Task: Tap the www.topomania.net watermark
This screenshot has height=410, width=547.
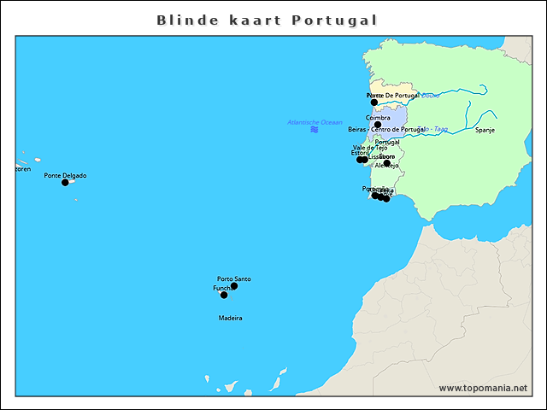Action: click(483, 388)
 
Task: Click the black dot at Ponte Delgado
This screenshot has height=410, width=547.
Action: click(65, 182)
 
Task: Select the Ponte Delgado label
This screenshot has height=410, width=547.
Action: click(65, 175)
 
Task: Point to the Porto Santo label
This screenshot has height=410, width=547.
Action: click(234, 278)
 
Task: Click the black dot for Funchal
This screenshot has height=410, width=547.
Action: click(224, 295)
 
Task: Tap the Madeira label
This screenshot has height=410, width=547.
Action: click(230, 318)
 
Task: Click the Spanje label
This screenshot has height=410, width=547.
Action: click(485, 130)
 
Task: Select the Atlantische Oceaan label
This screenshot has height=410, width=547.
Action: click(315, 122)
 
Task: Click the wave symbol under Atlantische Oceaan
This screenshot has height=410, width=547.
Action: click(315, 129)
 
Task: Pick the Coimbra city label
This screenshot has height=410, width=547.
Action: click(378, 117)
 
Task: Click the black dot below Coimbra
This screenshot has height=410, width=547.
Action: click(378, 125)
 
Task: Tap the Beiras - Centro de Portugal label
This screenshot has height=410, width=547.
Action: click(386, 129)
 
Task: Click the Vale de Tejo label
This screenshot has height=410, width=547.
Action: click(370, 147)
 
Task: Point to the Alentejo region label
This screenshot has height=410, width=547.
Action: click(386, 165)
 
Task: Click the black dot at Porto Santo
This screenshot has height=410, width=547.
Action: click(233, 286)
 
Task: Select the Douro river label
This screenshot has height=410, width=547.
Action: click(431, 96)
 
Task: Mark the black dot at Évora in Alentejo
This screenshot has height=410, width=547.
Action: click(386, 163)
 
